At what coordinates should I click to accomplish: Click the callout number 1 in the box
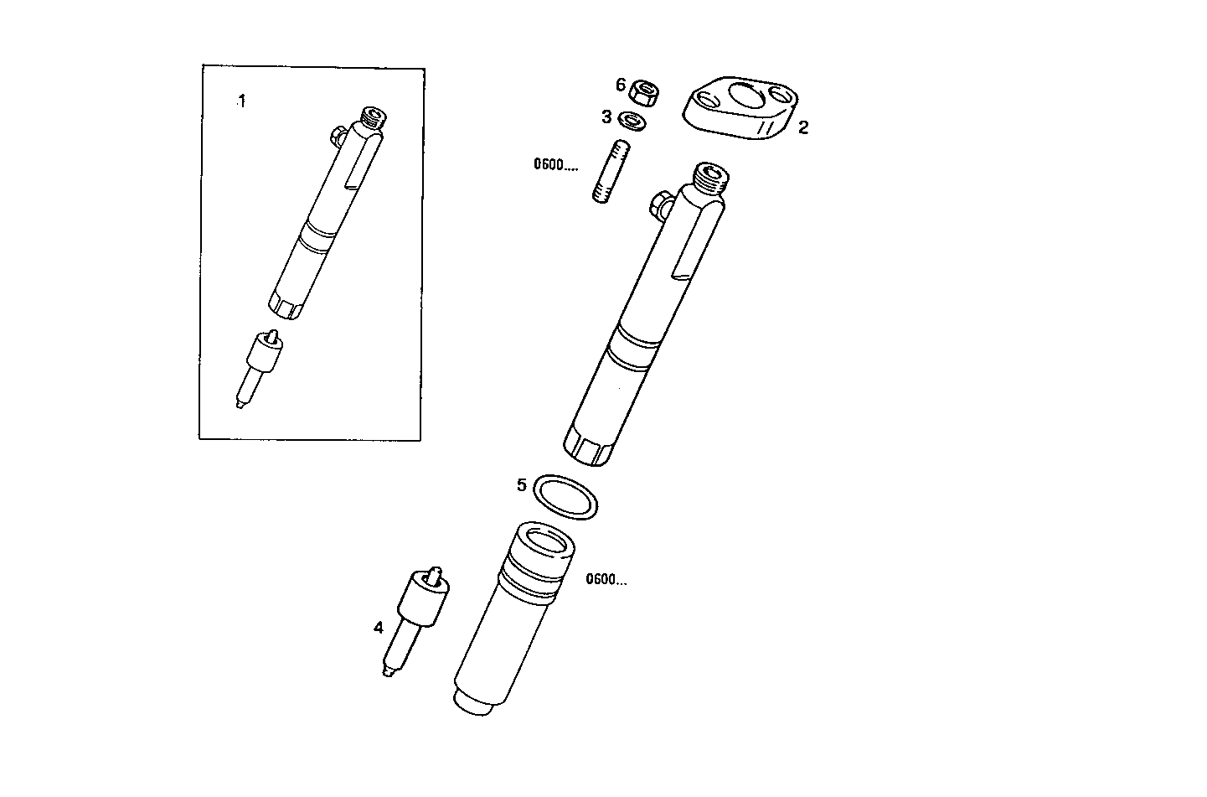click(242, 101)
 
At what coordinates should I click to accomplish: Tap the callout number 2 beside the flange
click(802, 127)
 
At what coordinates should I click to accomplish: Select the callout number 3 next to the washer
click(606, 117)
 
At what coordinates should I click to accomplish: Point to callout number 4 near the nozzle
click(379, 627)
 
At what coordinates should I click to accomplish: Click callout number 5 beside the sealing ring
click(521, 484)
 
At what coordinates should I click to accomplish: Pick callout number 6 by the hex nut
click(621, 85)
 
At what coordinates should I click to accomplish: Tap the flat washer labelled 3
click(634, 121)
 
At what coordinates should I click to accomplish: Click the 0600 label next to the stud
click(555, 165)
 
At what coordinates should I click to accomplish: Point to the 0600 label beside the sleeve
click(606, 579)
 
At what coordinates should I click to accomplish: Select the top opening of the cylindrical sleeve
click(545, 540)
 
